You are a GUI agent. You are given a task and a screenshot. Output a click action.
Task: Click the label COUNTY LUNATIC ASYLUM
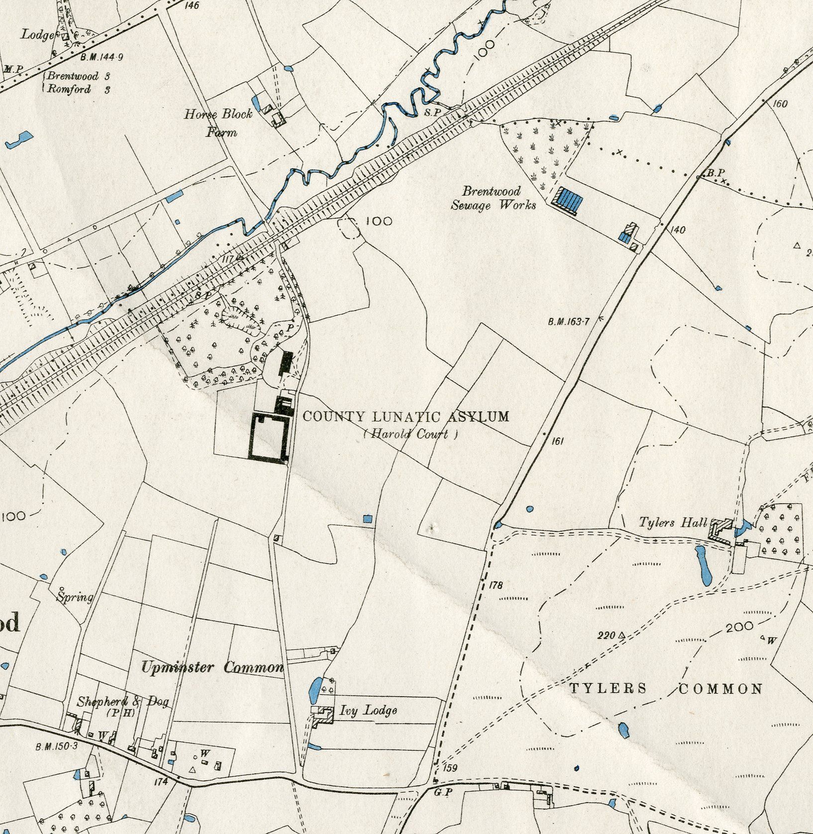[406, 416]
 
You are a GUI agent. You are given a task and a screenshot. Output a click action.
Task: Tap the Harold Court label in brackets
[410, 434]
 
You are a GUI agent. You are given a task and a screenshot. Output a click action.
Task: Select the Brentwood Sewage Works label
[493, 198]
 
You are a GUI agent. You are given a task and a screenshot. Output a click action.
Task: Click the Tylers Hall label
[673, 522]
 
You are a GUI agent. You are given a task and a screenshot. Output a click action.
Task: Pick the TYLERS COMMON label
[666, 689]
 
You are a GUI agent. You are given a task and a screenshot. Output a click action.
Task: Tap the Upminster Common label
[212, 667]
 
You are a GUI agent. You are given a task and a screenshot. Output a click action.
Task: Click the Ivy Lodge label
[368, 710]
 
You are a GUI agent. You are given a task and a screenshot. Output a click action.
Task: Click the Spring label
[75, 597]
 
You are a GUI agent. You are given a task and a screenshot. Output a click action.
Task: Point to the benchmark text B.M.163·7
[568, 322]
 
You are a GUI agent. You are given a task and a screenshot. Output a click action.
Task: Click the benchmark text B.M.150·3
[57, 746]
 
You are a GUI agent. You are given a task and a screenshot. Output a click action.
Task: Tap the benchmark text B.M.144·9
[102, 57]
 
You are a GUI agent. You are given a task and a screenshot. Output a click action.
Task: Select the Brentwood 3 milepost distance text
[79, 77]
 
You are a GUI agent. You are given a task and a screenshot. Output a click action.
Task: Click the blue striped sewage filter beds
[569, 200]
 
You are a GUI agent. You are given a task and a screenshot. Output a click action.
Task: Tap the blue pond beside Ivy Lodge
[315, 689]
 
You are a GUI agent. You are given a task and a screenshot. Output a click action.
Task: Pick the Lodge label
[37, 34]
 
